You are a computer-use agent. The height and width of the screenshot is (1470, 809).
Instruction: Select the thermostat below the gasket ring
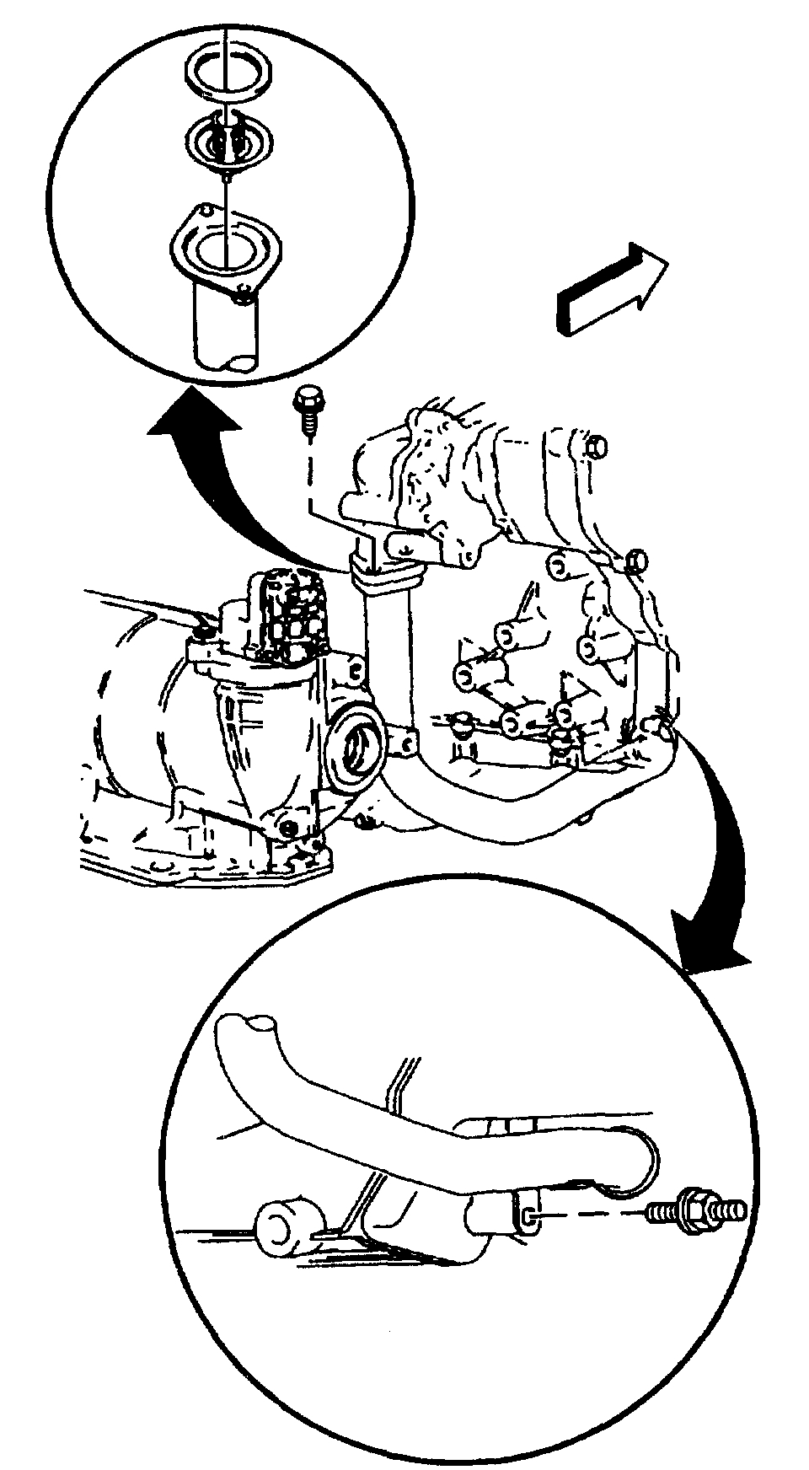coord(222,139)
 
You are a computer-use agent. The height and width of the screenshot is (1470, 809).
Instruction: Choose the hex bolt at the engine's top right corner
coord(596,448)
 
